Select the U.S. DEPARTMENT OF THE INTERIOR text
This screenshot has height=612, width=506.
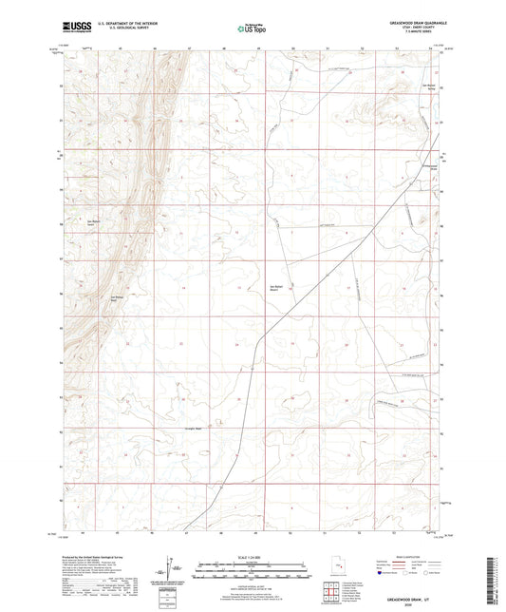pyautogui.click(x=125, y=24)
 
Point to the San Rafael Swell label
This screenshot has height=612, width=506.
pyautogui.click(x=92, y=223)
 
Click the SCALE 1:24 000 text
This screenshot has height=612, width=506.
pyautogui.click(x=252, y=556)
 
